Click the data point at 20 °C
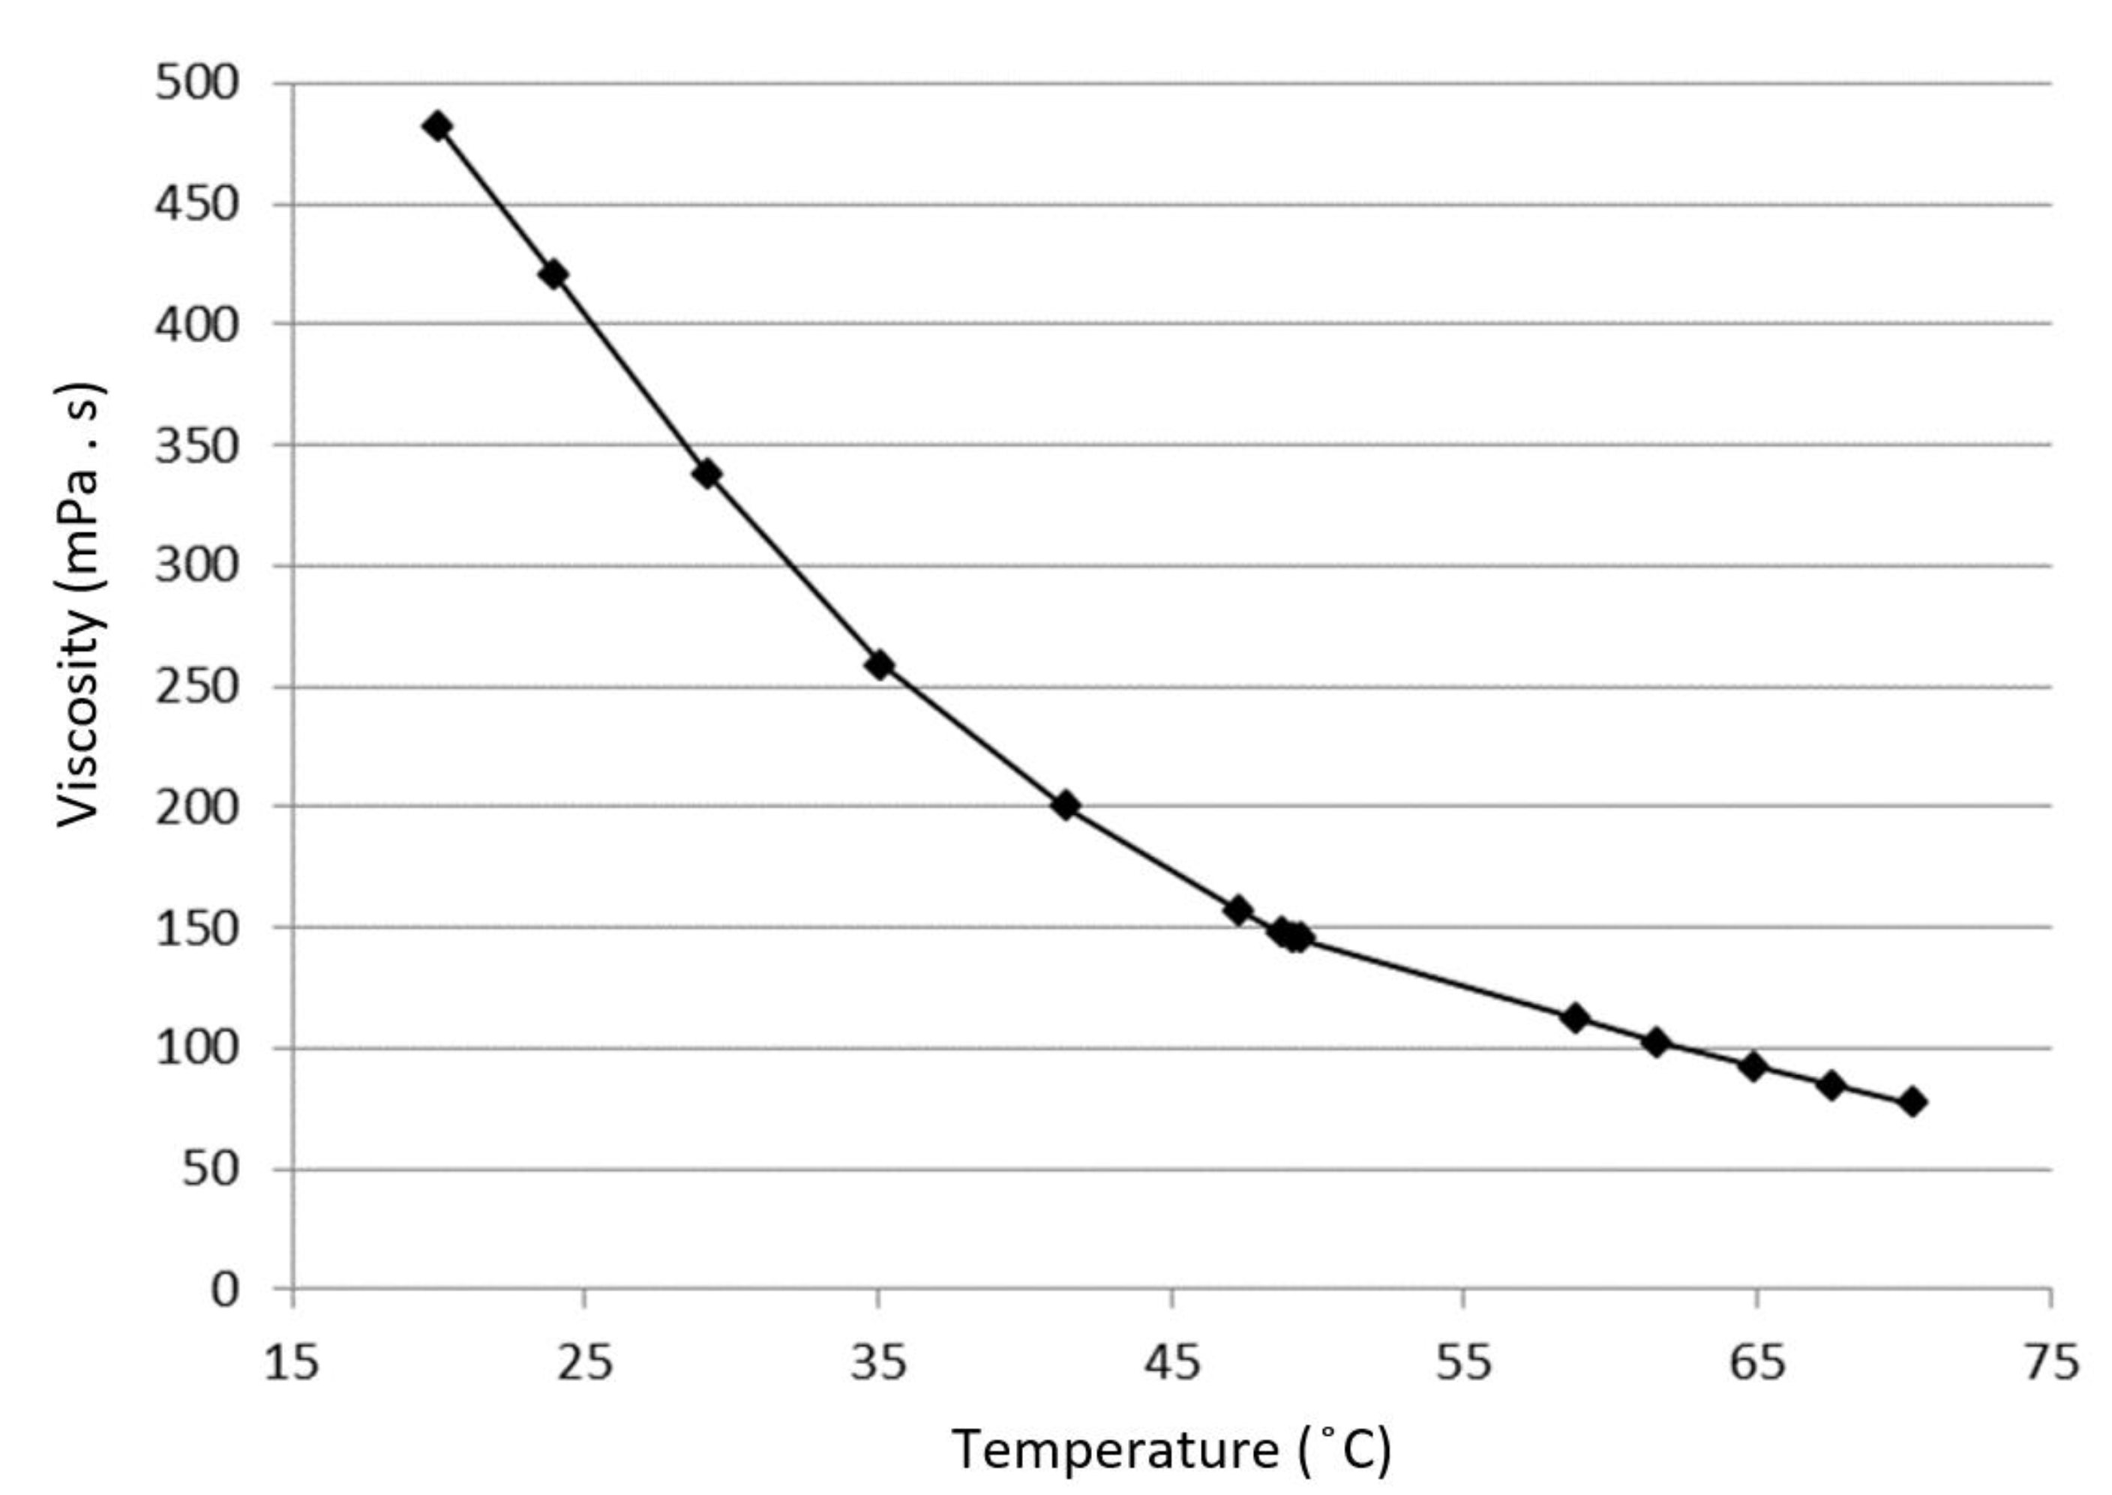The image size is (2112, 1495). pos(438,126)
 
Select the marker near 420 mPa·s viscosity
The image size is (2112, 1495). pos(553,274)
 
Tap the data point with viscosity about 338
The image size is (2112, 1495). pos(706,474)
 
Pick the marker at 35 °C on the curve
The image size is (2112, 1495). pos(879,664)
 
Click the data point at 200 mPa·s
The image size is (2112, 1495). pos(1065,805)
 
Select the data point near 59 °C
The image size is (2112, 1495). pos(1575,1018)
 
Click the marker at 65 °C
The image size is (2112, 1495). pos(1753,1068)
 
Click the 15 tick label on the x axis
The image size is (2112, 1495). pos(292,1363)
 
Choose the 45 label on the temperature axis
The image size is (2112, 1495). pos(1172,1363)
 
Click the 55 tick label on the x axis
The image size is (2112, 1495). pos(1464,1363)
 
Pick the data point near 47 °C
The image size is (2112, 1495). pos(1238,910)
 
